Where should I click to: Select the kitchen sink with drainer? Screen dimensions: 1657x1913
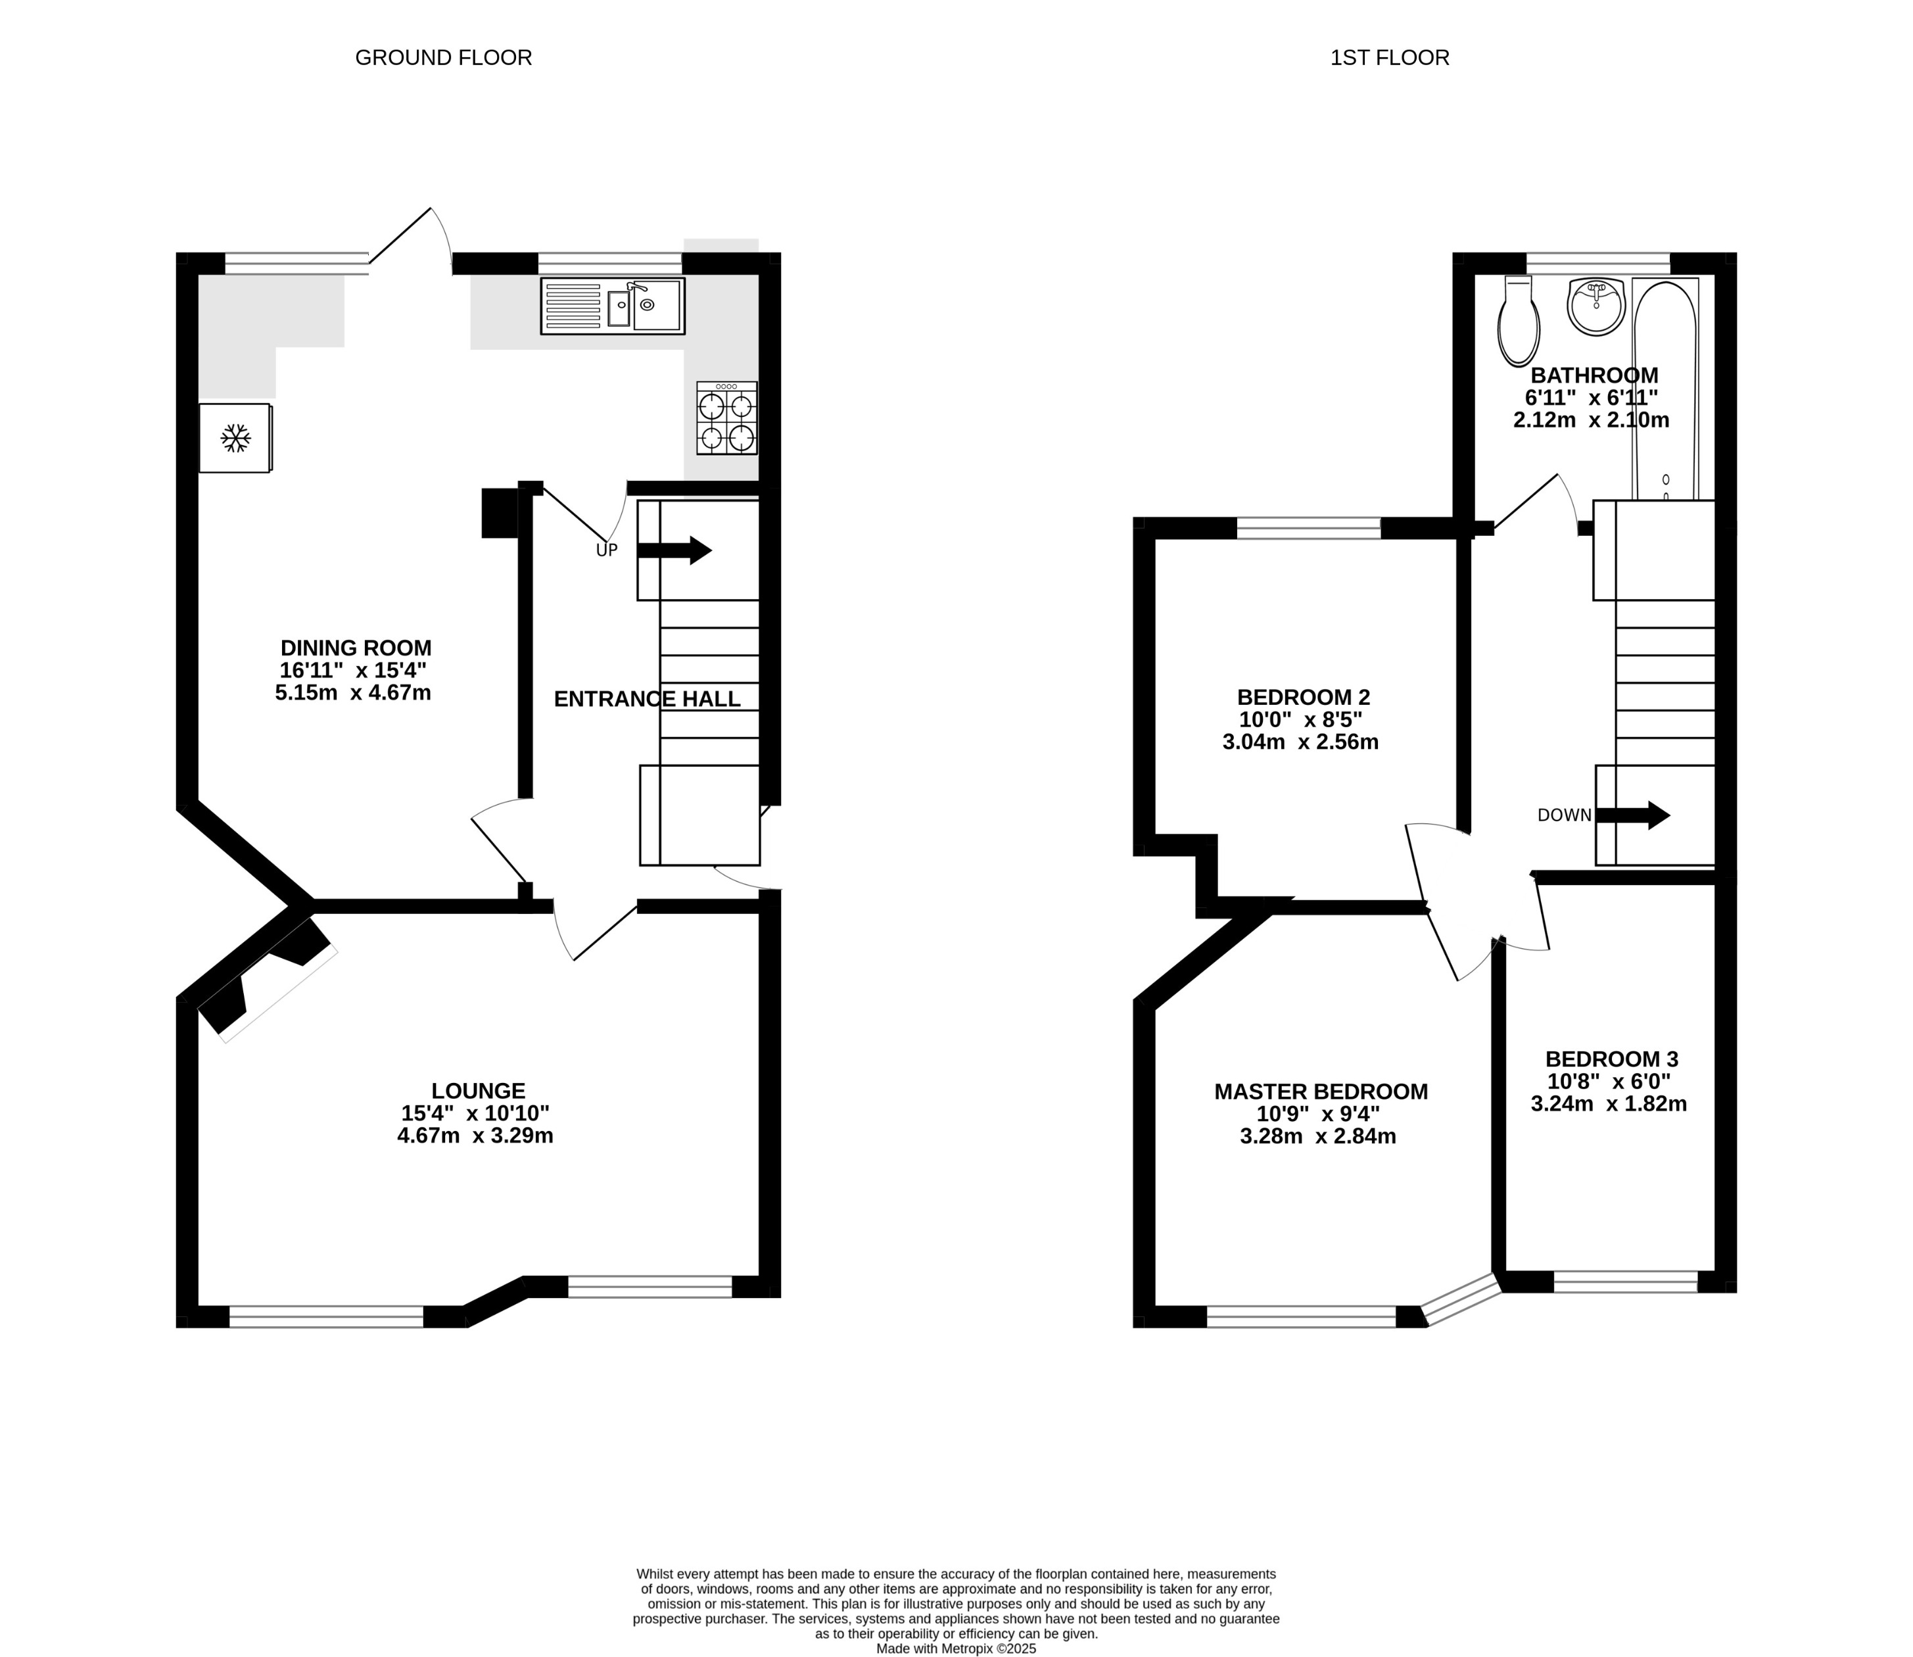point(612,306)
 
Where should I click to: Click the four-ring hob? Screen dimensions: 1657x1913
point(726,419)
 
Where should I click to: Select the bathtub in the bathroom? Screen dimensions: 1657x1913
point(1665,389)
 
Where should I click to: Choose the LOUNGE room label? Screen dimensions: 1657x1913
point(478,1091)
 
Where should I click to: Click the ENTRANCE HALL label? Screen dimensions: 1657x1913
point(648,699)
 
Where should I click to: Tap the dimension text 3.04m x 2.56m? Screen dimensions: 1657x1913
point(1300,742)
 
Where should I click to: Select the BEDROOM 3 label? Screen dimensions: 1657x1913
point(1611,1059)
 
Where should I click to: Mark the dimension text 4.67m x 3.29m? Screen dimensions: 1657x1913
point(475,1136)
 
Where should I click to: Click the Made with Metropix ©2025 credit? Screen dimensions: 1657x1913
point(956,1648)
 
